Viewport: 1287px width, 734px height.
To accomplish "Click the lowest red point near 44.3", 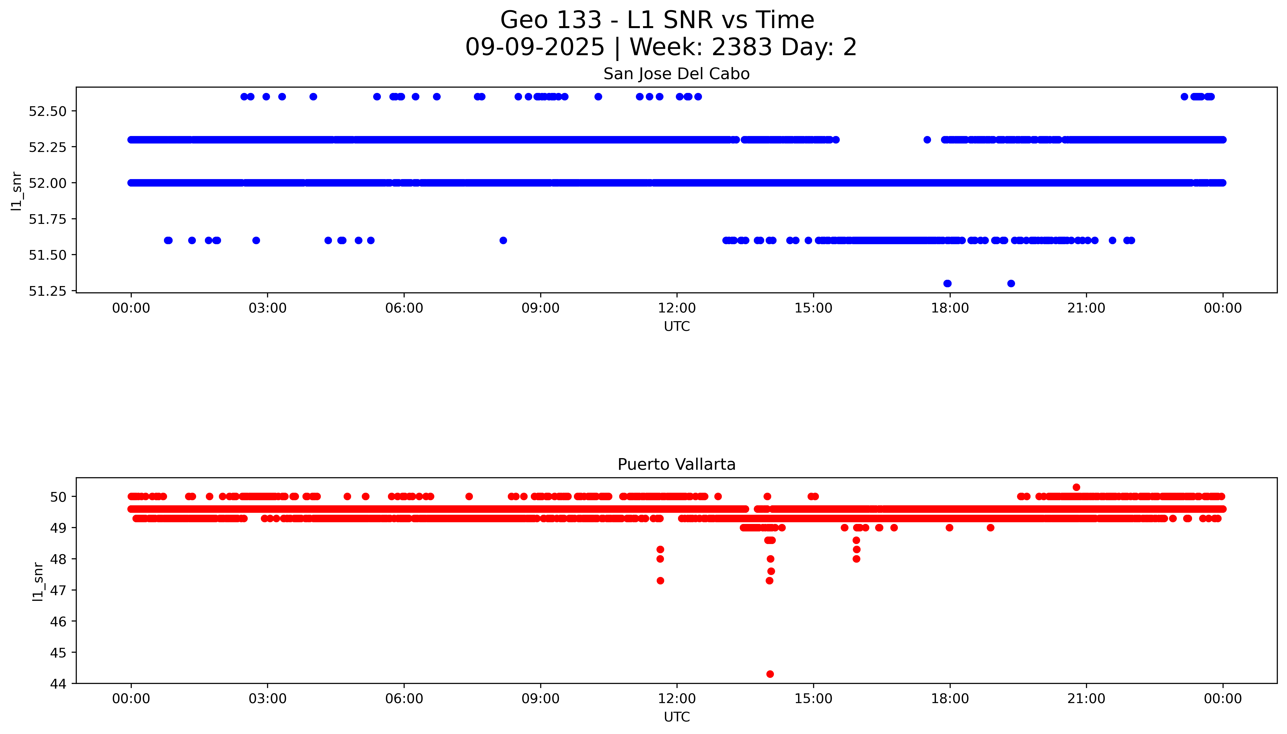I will (770, 674).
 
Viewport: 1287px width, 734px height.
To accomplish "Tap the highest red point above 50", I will (1076, 487).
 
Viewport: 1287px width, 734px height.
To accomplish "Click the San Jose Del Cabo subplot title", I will (676, 74).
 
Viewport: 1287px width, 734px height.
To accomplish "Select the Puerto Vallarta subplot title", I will (676, 464).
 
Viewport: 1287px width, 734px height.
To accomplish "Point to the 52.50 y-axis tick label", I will (47, 111).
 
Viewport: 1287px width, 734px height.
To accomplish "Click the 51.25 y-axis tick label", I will (47, 291).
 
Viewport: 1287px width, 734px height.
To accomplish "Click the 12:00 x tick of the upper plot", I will (677, 308).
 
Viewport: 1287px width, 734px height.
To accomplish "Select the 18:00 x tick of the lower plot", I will (950, 699).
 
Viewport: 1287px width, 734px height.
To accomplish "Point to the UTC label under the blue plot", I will (676, 327).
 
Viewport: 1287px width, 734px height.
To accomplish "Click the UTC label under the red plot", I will (676, 717).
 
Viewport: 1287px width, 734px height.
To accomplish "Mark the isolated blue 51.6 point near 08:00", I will (503, 241).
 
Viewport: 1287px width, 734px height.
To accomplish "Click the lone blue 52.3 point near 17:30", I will (927, 140).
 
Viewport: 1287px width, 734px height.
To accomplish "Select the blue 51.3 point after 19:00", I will (1011, 283).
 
